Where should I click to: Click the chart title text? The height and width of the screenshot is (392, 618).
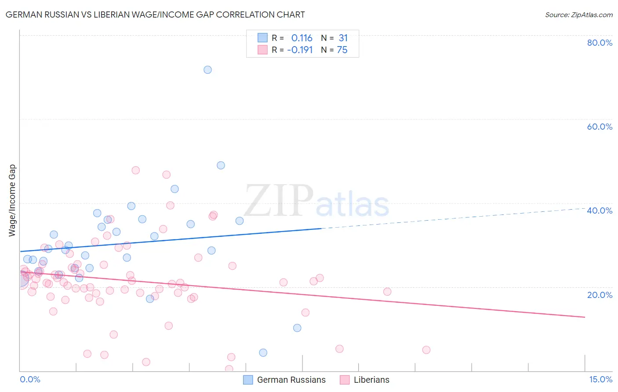[x=155, y=15]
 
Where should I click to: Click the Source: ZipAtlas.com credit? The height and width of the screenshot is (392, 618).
[x=578, y=15]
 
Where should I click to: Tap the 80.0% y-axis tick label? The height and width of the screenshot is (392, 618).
[x=600, y=43]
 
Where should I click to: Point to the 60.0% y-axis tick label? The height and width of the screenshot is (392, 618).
[x=600, y=127]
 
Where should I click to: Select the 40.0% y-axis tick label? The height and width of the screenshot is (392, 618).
[x=600, y=211]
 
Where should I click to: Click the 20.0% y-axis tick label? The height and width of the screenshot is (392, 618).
[x=600, y=294]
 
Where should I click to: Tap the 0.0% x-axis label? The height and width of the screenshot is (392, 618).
[x=30, y=379]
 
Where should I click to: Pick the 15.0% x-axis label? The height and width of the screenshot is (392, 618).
[x=600, y=379]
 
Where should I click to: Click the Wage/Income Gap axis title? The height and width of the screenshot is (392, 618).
[x=12, y=200]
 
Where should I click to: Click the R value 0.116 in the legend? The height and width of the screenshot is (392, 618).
[x=302, y=38]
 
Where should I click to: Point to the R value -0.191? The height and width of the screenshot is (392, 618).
[x=300, y=50]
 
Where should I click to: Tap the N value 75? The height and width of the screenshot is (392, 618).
[x=342, y=50]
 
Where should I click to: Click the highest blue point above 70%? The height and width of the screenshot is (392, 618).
[x=207, y=70]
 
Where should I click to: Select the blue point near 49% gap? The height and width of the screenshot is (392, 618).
[x=221, y=165]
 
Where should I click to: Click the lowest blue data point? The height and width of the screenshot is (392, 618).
[x=263, y=352]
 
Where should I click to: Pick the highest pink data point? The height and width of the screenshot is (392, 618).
[x=135, y=170]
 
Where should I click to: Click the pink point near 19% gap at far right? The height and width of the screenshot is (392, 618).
[x=387, y=292]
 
